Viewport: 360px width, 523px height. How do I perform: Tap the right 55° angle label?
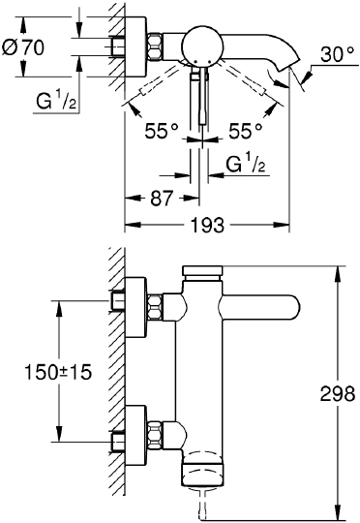[x=242, y=127]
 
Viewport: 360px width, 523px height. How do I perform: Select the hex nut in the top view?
[x=155, y=45]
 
